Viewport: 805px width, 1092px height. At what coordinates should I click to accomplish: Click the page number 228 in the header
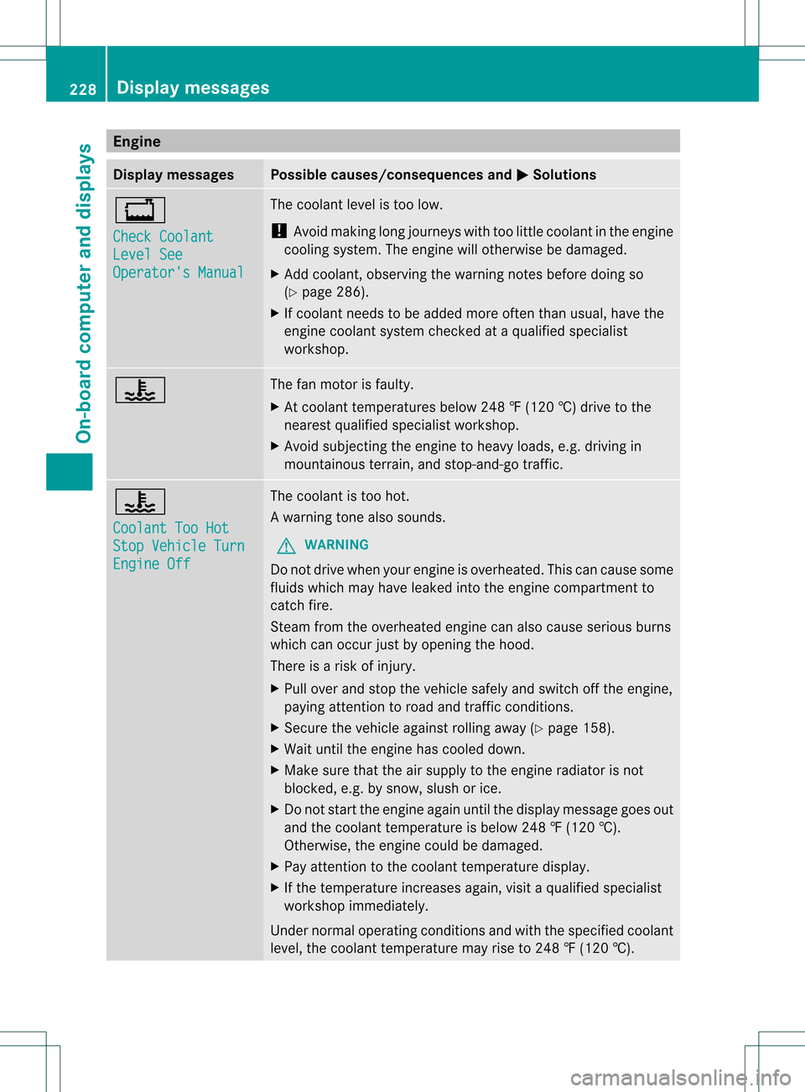coord(82,89)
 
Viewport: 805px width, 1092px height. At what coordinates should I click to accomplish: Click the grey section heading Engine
coord(137,141)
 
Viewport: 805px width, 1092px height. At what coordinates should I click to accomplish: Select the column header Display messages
coord(174,174)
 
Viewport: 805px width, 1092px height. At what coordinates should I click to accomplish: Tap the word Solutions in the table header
coord(564,174)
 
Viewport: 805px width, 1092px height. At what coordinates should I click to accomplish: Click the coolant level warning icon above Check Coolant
coord(140,210)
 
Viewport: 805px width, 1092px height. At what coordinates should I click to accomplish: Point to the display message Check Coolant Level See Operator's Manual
coord(178,254)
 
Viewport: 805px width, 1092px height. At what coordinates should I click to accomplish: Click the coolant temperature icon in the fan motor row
coord(140,390)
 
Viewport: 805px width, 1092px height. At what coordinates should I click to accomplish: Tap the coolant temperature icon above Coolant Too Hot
coord(140,502)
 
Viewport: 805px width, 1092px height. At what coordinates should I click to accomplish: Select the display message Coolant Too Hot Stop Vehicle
coord(179,546)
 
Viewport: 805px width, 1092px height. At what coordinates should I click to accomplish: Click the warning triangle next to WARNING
coord(287,546)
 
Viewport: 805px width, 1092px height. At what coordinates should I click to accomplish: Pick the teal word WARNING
coord(336,545)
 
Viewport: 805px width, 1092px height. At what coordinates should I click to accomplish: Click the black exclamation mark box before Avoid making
coord(279,231)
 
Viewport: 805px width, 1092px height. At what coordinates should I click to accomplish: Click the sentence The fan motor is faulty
coord(341,384)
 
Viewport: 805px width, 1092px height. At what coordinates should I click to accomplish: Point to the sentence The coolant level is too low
coord(356,205)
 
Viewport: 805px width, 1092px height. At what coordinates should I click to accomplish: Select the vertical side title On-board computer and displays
coord(84,293)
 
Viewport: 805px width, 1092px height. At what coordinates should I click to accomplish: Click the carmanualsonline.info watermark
coord(680,1077)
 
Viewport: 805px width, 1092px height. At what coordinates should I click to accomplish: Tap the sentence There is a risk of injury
coord(343,666)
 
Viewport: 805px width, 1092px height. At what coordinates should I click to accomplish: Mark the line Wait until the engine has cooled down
coord(404,749)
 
